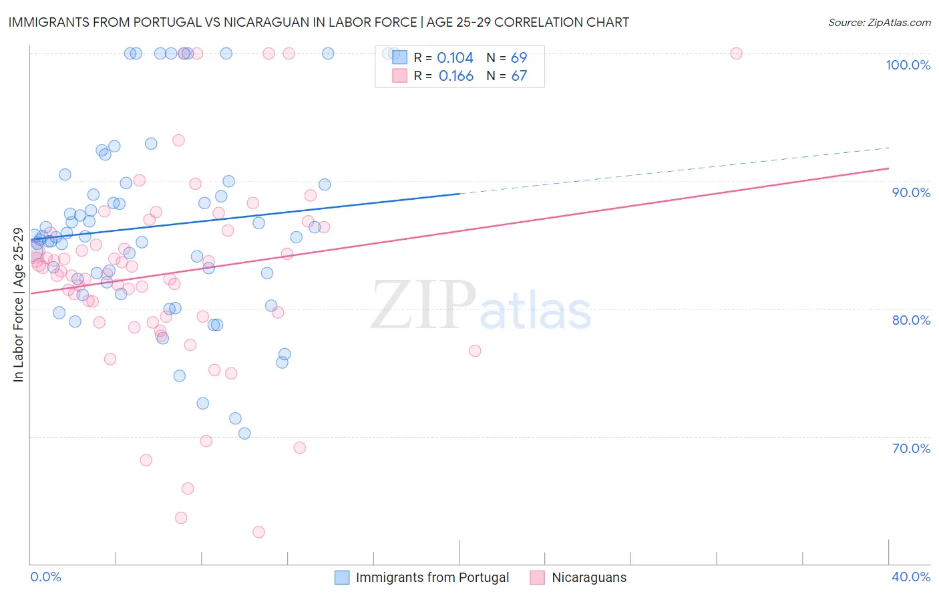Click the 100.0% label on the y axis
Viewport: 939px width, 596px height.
[908, 65]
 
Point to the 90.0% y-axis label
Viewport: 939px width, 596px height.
[911, 192]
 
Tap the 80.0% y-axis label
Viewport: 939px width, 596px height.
[911, 320]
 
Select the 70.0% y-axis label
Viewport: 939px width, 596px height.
[911, 448]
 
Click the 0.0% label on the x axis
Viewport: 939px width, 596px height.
[45, 577]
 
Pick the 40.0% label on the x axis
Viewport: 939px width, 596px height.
[910, 577]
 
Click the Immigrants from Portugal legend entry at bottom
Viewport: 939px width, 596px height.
[432, 577]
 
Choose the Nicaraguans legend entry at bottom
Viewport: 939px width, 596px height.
[588, 577]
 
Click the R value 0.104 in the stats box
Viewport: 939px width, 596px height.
[455, 58]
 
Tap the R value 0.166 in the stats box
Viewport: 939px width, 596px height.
[455, 76]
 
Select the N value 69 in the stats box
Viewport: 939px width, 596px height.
[519, 58]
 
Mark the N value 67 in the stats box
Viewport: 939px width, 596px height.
[519, 76]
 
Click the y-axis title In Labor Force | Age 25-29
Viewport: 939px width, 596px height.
[18, 305]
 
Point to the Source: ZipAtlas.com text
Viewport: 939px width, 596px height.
[879, 22]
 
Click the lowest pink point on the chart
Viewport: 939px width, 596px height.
[258, 532]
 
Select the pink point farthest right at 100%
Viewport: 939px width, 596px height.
[736, 53]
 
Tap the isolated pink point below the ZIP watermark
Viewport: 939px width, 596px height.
[475, 351]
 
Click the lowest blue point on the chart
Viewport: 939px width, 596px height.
[244, 434]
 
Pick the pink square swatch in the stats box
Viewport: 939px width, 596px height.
[399, 76]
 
